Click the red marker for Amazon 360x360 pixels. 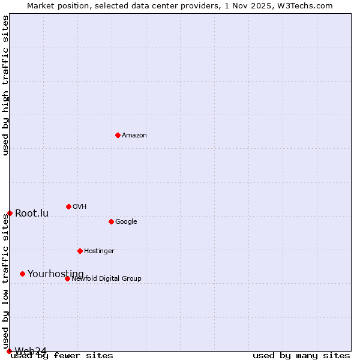click(x=118, y=135)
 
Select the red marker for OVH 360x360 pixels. click(x=68, y=206)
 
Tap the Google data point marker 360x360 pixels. click(x=111, y=221)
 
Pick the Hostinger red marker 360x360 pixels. click(x=80, y=251)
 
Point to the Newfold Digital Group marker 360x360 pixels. click(x=67, y=278)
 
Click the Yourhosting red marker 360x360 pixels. click(x=22, y=274)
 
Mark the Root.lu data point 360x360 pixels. click(x=10, y=213)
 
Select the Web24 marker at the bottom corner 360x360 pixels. click(x=9, y=351)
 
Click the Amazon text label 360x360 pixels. click(x=134, y=136)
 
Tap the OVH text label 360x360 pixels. click(x=80, y=207)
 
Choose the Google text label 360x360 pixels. click(x=126, y=222)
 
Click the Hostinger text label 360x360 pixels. click(x=99, y=251)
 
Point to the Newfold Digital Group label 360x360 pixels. click(x=106, y=279)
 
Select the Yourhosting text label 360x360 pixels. click(x=56, y=274)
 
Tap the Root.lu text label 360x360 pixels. click(x=32, y=214)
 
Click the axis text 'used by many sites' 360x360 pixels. click(x=301, y=356)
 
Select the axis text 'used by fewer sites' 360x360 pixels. click(x=62, y=356)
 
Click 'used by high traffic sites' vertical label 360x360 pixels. click(x=6, y=86)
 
